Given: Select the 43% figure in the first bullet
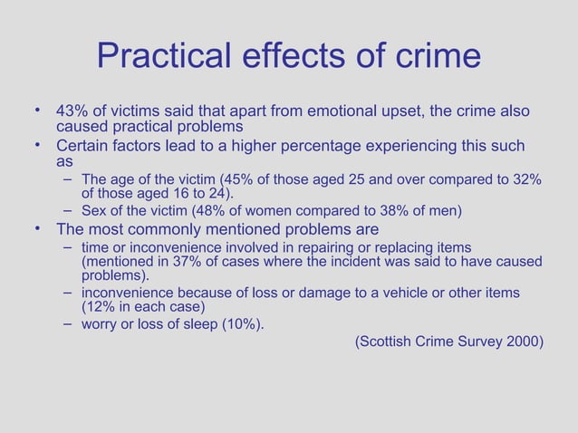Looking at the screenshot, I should coord(72,111).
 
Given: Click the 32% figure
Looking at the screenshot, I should coord(525,179).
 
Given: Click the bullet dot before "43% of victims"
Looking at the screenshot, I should coord(38,111).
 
